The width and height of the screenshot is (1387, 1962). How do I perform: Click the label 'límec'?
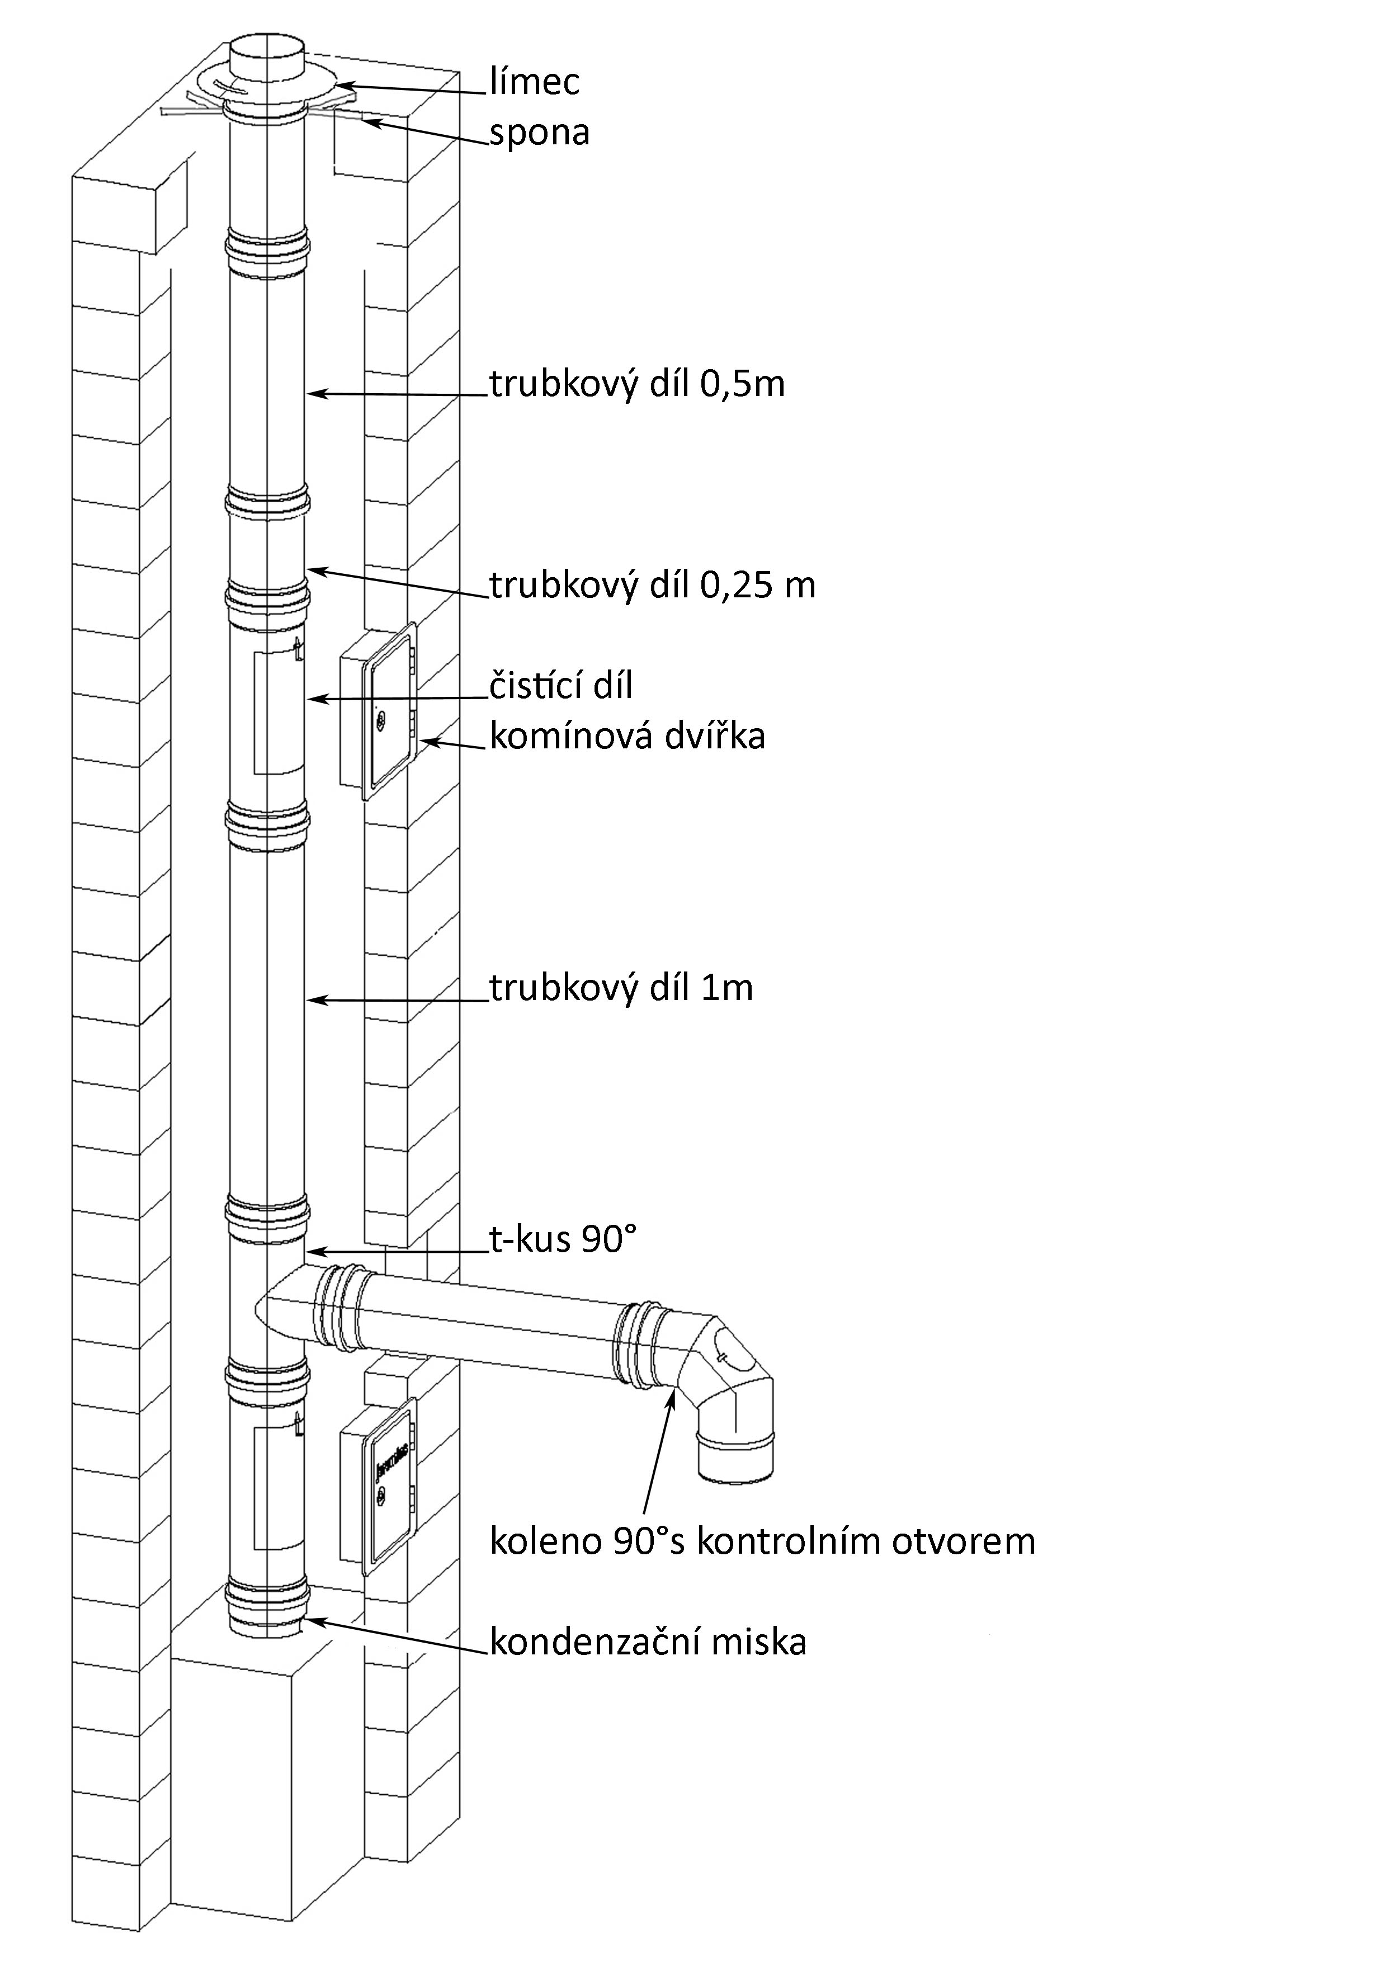point(535,83)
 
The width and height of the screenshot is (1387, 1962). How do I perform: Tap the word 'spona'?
point(539,134)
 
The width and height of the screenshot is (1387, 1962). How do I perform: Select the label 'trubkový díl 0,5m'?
point(636,385)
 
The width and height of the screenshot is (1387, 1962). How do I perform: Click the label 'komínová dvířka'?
point(626,736)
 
